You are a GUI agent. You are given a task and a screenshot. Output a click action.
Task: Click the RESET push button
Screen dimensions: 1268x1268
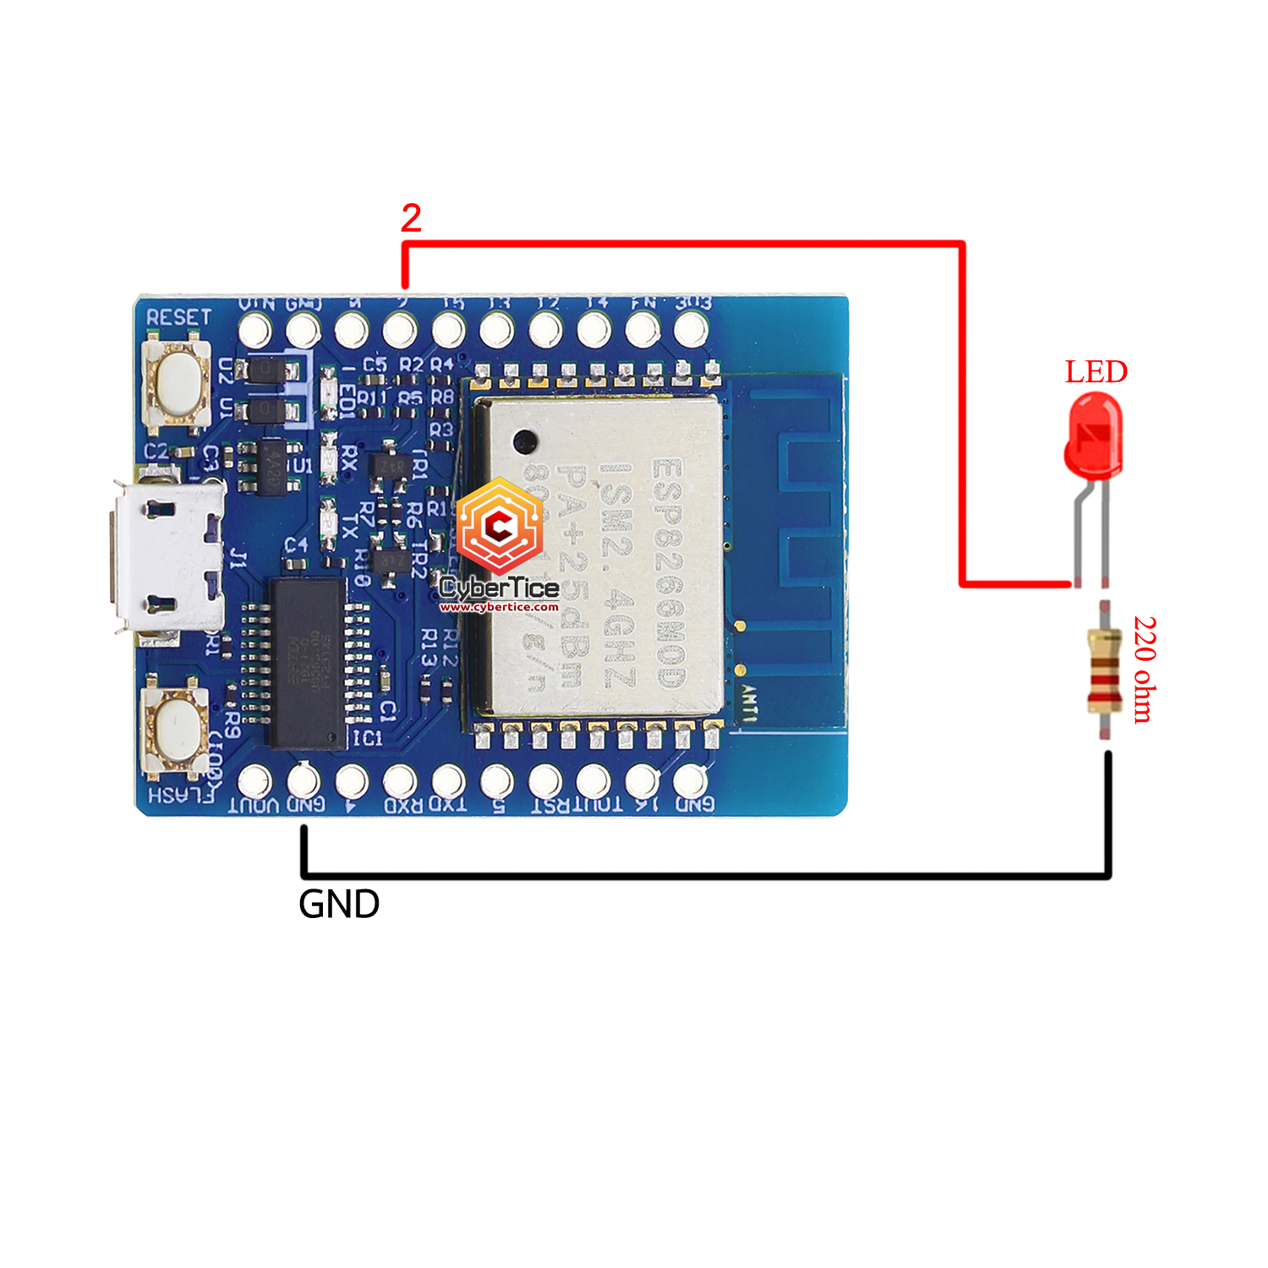coord(178,382)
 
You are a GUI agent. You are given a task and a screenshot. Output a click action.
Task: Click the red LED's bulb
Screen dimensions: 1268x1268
coord(1093,437)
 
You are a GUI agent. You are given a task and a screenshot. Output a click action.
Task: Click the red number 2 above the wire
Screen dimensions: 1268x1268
coord(411,219)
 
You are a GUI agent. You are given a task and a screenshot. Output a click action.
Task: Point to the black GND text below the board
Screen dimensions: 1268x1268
coord(339,905)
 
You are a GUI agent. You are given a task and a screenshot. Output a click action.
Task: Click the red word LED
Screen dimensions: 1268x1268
coord(1096,372)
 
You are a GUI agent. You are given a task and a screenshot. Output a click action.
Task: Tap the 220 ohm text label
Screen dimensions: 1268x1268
coord(1144,670)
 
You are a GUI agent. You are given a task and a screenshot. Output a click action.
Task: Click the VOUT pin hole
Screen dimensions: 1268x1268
coord(255,780)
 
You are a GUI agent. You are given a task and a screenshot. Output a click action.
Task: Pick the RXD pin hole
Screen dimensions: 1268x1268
coord(400,780)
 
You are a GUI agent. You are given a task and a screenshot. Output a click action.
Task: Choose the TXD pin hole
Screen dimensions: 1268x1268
coord(449,780)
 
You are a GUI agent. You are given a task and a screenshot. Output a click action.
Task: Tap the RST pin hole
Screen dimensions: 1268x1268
coord(545,780)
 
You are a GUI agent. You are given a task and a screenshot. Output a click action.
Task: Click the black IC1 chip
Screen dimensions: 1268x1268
coord(307,664)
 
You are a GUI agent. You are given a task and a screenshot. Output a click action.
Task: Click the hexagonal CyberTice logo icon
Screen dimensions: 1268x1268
coord(499,527)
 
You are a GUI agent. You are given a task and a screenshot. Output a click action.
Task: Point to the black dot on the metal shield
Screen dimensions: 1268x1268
coord(525,440)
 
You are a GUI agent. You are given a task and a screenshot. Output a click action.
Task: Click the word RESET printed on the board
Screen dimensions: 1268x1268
coord(178,317)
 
